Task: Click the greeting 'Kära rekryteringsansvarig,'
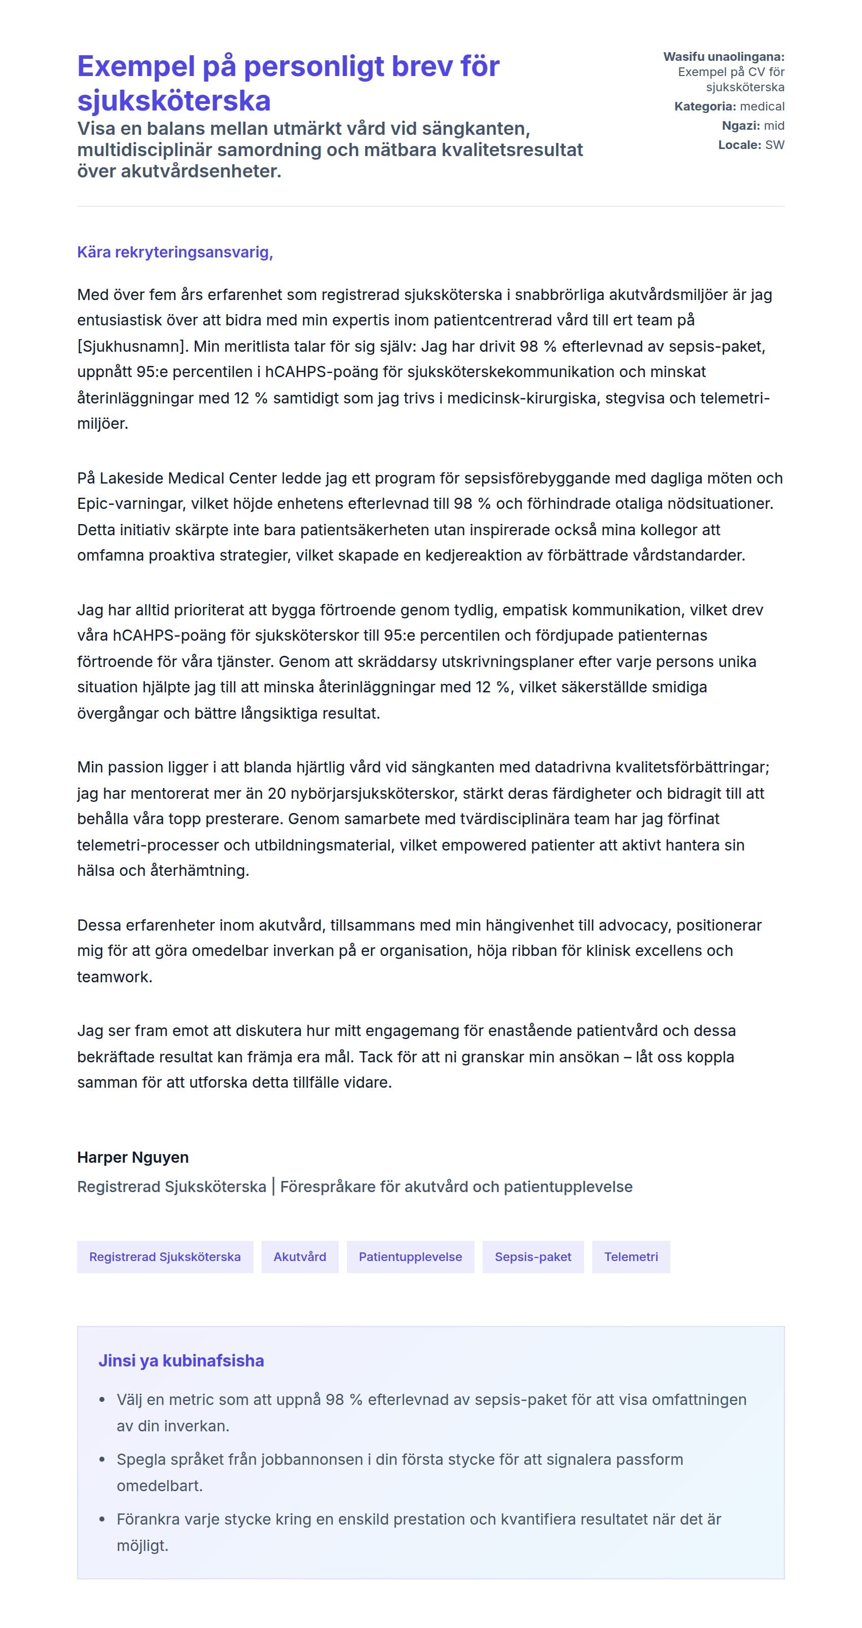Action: click(x=174, y=252)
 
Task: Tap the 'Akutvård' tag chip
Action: click(x=300, y=1256)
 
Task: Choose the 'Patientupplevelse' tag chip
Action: click(x=410, y=1256)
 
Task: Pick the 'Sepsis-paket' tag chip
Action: click(x=532, y=1256)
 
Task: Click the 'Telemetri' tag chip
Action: click(x=631, y=1256)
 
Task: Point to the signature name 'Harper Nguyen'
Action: click(x=133, y=1157)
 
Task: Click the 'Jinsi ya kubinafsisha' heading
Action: click(x=181, y=1361)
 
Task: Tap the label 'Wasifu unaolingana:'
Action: click(x=724, y=57)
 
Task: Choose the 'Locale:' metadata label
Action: click(x=739, y=145)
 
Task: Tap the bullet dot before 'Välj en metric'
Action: click(x=102, y=1400)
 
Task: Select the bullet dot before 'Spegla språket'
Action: click(x=102, y=1460)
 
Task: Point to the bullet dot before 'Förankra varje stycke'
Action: click(x=102, y=1520)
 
